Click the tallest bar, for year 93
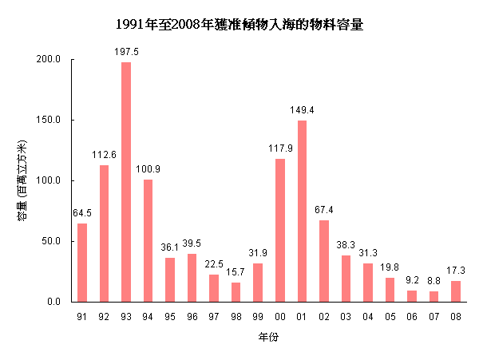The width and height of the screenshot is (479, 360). pyautogui.click(x=126, y=182)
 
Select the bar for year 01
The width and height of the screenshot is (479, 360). pyautogui.click(x=302, y=211)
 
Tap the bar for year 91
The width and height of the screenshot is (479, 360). pyautogui.click(x=82, y=263)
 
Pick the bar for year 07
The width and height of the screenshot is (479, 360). pyautogui.click(x=433, y=296)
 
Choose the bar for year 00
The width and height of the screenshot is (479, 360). pyautogui.click(x=280, y=230)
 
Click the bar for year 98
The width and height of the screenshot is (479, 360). pyautogui.click(x=236, y=292)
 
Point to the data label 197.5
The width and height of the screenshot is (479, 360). pyautogui.click(x=126, y=51)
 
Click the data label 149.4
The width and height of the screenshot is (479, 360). pyautogui.click(x=302, y=109)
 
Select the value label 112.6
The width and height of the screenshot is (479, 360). pyautogui.click(x=104, y=154)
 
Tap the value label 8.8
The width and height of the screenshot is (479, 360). pyautogui.click(x=433, y=280)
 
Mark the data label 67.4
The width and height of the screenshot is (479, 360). pyautogui.click(x=324, y=209)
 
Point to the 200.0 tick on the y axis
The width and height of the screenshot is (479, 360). pyautogui.click(x=49, y=59)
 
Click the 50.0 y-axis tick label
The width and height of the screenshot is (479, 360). pyautogui.click(x=52, y=241)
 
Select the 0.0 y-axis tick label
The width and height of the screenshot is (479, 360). pyautogui.click(x=54, y=302)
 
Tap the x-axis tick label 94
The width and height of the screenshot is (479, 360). pyautogui.click(x=148, y=316)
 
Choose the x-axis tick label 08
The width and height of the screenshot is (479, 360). pyautogui.click(x=456, y=316)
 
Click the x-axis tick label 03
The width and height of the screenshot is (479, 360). pyautogui.click(x=346, y=316)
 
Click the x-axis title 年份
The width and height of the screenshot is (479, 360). pyautogui.click(x=268, y=338)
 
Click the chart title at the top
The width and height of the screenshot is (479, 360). pyautogui.click(x=239, y=25)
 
